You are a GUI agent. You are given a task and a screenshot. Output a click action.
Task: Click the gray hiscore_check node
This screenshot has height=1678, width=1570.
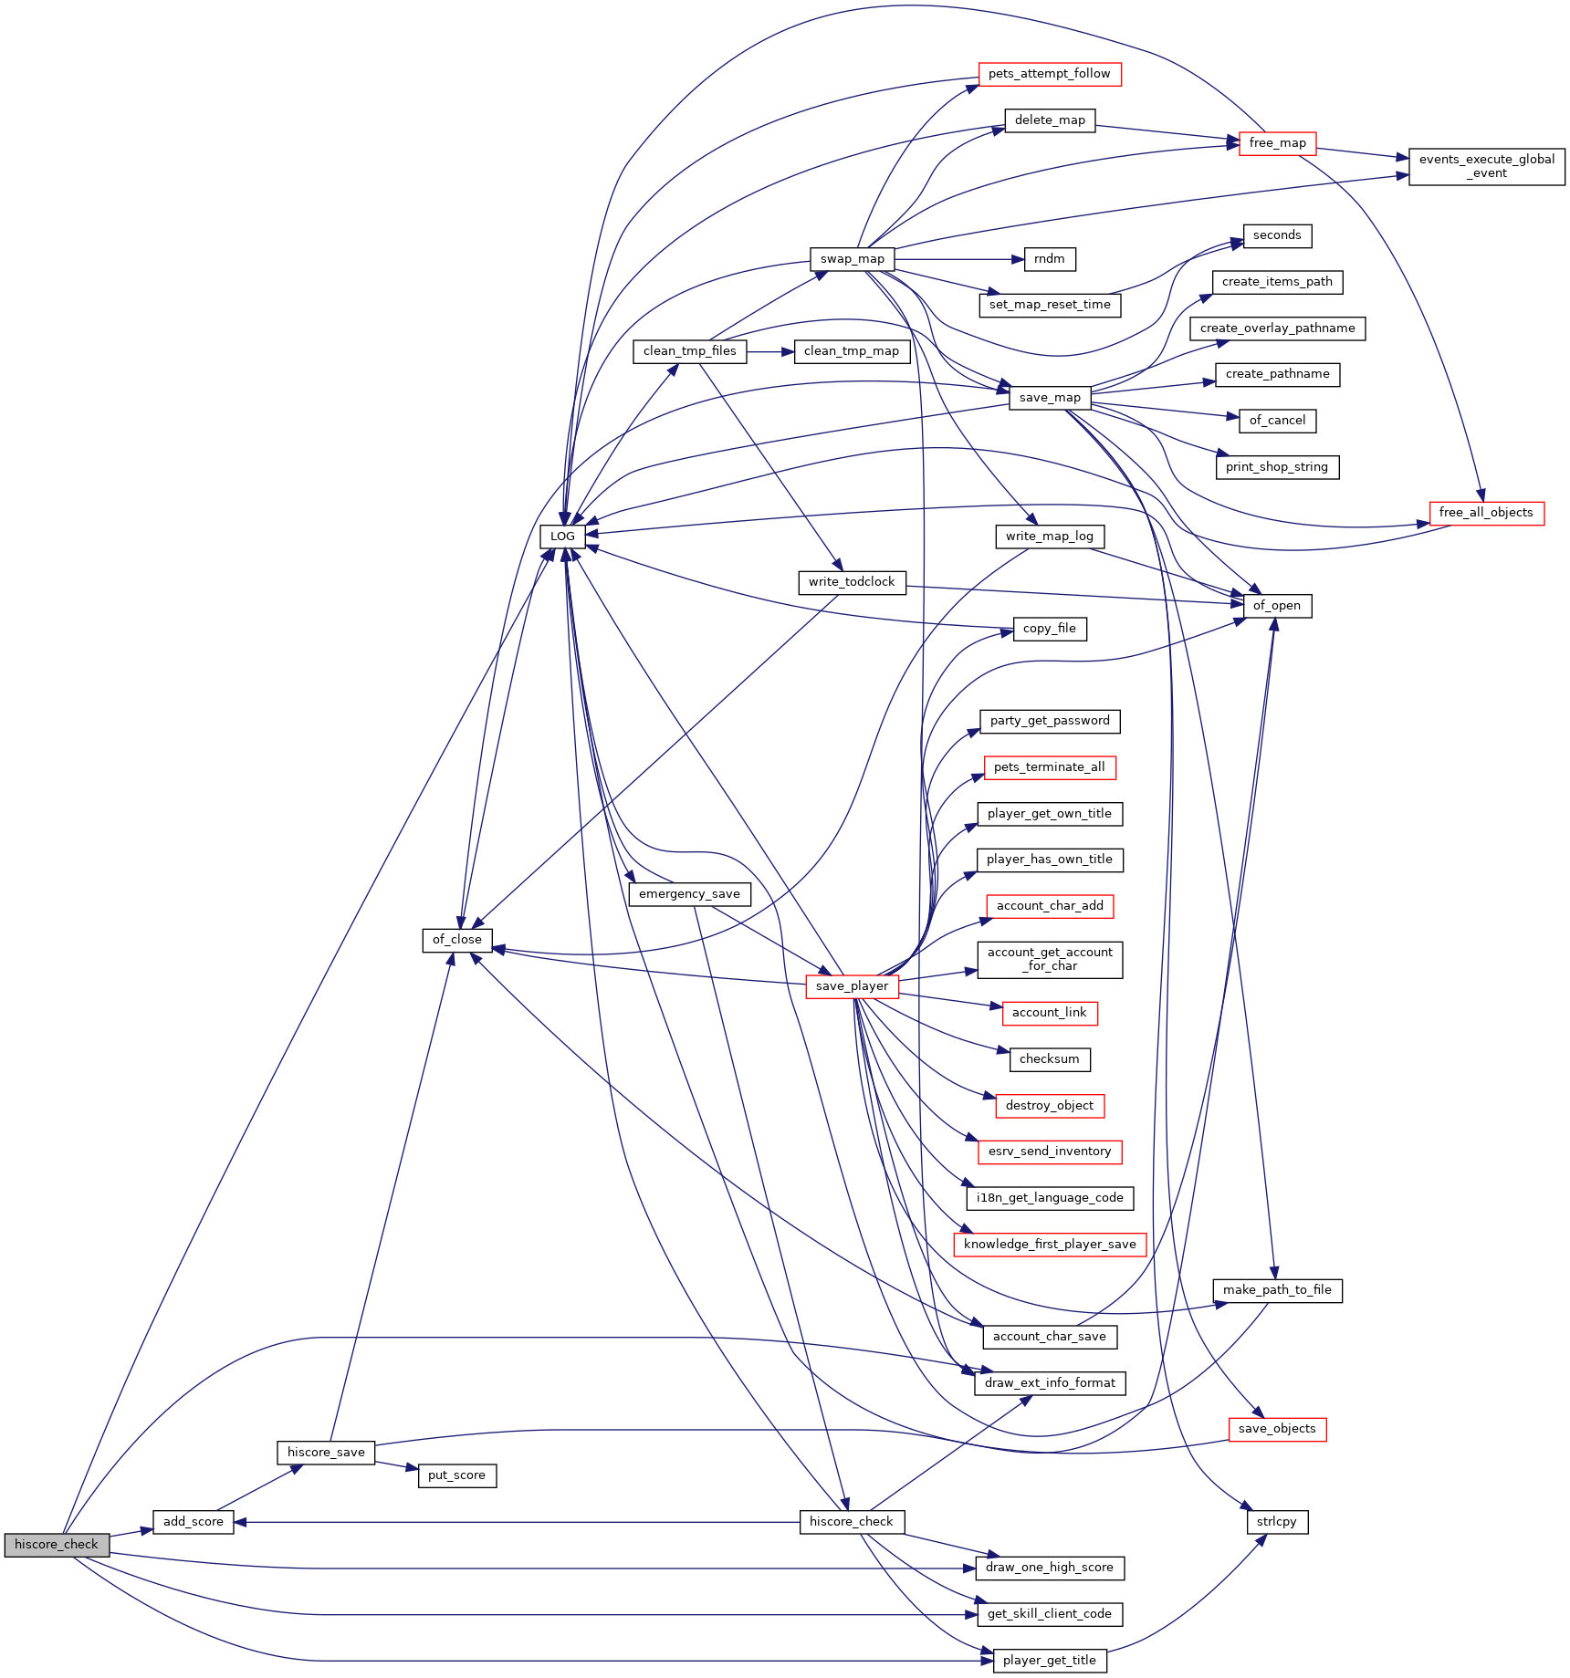[x=57, y=1545]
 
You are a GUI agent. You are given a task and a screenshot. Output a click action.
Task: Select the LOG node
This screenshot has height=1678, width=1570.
[x=562, y=537]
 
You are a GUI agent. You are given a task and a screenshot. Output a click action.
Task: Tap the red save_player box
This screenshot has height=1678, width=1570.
[x=852, y=986]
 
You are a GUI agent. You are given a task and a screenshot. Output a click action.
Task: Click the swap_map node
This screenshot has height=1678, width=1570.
[x=853, y=259]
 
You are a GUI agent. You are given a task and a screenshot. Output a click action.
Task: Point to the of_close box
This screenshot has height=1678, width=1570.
[x=457, y=940]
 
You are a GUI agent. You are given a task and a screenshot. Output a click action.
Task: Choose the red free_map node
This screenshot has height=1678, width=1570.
[x=1277, y=143]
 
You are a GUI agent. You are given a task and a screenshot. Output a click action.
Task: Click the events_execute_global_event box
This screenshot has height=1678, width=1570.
[x=1487, y=166]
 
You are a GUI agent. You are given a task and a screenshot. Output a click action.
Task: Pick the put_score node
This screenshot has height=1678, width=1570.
[x=457, y=1475]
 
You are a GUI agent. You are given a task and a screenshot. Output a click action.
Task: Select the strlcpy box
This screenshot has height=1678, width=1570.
[x=1277, y=1522]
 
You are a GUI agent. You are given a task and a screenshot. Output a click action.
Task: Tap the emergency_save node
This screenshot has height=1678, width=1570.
[x=690, y=894]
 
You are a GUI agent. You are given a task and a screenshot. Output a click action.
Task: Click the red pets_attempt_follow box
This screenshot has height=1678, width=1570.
[x=1050, y=74]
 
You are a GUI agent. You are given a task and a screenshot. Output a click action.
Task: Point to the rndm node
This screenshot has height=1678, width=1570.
[x=1050, y=259]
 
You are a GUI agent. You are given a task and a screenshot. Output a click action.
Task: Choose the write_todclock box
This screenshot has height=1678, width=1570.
[x=852, y=582]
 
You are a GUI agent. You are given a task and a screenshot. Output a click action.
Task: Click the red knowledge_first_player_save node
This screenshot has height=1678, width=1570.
[x=1050, y=1245]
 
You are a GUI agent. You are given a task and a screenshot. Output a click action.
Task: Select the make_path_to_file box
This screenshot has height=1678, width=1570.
[x=1277, y=1290]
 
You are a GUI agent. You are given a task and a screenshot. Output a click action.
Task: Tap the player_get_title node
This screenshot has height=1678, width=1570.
[x=1050, y=1661]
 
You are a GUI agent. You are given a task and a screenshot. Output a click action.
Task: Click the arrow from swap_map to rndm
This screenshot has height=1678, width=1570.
[x=959, y=259]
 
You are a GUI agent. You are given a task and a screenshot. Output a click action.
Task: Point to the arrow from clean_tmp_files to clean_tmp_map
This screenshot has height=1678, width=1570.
[x=770, y=351]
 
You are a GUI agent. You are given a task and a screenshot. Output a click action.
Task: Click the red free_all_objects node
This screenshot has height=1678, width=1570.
[x=1486, y=513]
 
